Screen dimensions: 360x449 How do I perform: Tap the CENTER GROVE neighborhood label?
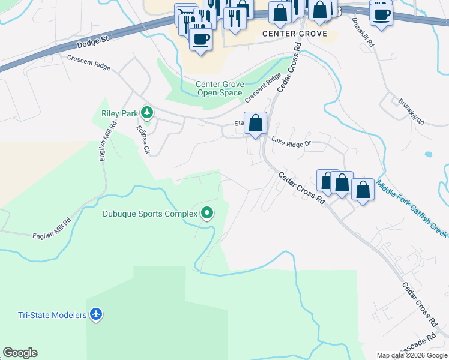coord(295,34)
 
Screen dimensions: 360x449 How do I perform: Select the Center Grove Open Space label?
coord(219,89)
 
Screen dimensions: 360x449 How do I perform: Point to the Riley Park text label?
coord(118,112)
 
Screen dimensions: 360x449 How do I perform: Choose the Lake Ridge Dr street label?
coord(291,143)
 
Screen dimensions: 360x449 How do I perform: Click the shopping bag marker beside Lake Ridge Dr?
coord(256,123)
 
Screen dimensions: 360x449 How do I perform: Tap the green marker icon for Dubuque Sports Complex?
coord(207,213)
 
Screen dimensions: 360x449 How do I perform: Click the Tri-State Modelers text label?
coord(52,315)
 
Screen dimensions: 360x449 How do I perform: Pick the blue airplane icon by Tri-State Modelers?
coord(96,314)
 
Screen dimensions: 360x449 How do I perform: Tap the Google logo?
coord(20,353)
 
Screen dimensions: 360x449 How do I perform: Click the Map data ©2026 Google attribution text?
coord(412,355)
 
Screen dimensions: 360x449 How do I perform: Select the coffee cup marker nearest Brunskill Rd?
coord(381,14)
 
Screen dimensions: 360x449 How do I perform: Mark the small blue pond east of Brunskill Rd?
coord(429,154)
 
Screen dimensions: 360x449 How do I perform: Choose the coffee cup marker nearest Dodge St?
coord(200,39)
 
